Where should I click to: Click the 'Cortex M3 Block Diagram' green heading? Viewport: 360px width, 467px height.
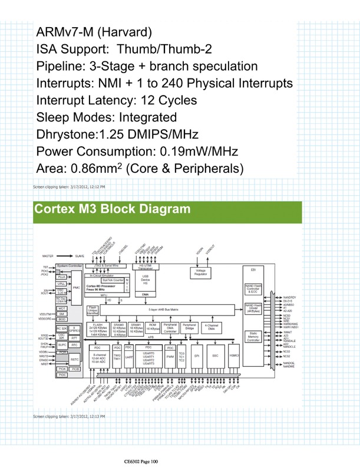coord(113,209)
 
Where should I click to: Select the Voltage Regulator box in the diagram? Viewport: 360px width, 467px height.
coord(200,272)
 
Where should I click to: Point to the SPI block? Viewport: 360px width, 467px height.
coord(197,356)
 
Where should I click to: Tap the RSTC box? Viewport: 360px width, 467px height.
coord(75,359)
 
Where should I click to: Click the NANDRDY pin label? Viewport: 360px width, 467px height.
coord(289,297)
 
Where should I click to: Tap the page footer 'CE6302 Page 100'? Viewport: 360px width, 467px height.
coord(142,460)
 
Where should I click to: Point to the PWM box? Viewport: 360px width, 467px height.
coord(170,356)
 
